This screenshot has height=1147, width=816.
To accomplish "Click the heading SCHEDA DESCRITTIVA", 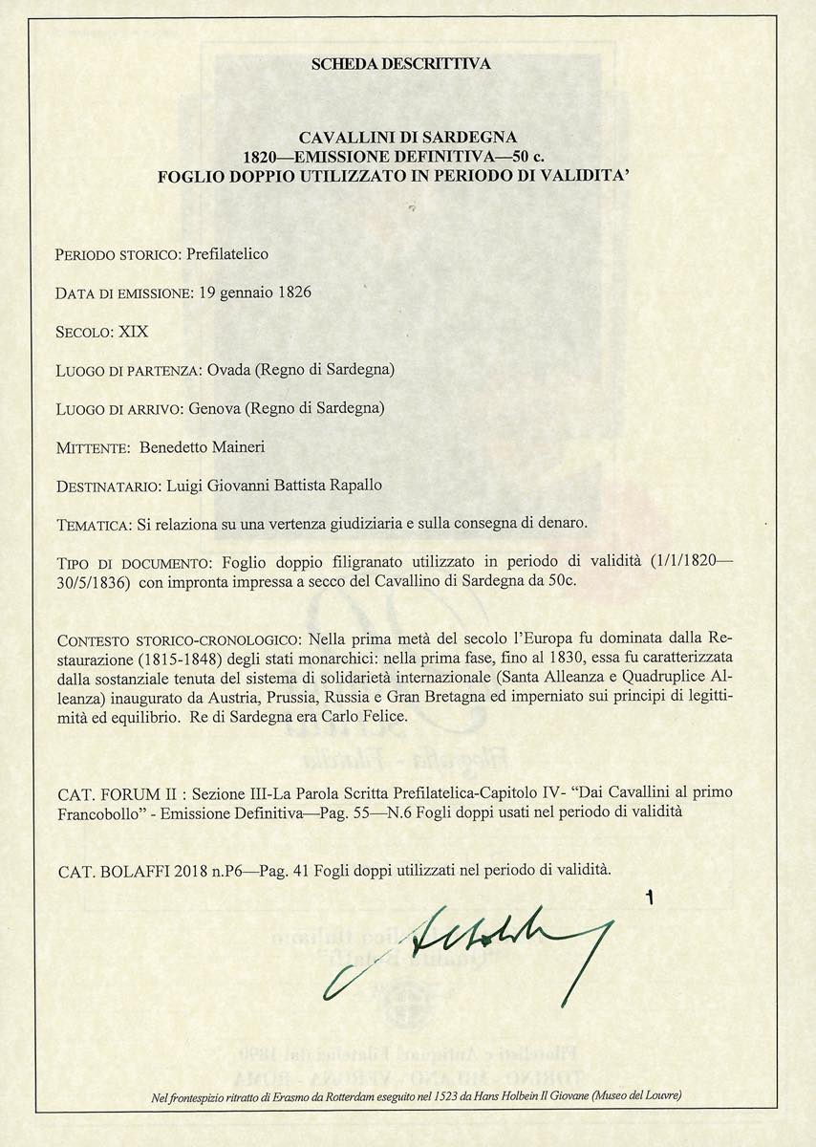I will point(401,65).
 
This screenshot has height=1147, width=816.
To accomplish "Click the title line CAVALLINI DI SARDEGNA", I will point(408,138).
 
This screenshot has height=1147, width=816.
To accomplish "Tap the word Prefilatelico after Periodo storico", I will point(227,254).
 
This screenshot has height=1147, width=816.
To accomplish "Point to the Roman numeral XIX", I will point(133,332).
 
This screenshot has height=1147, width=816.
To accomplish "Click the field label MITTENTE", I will point(93,447).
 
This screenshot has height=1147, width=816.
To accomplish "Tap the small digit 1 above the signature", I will point(650,897).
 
